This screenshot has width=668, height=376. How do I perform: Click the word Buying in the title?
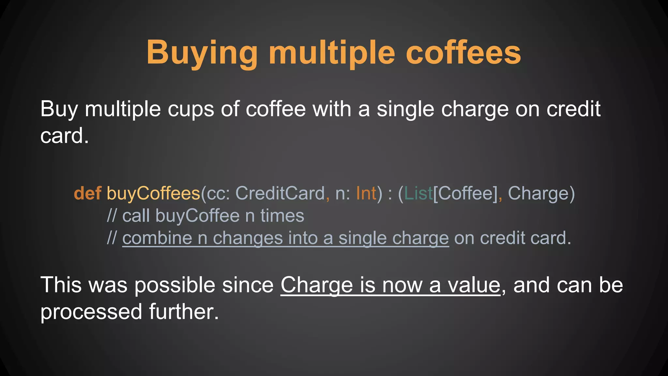(x=202, y=53)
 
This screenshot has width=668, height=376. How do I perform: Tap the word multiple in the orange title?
(x=332, y=53)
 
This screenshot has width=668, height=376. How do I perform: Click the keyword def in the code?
(x=87, y=193)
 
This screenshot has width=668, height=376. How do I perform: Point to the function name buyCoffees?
(x=153, y=193)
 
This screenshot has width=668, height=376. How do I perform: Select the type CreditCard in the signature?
(x=280, y=193)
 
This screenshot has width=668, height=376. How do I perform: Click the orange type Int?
(x=366, y=193)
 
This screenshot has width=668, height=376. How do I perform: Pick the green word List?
(x=418, y=193)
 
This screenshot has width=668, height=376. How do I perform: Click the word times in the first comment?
(x=282, y=216)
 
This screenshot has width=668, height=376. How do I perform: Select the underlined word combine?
(x=157, y=238)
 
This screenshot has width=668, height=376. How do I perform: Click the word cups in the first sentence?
(x=191, y=109)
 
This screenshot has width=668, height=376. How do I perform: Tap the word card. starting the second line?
(x=64, y=136)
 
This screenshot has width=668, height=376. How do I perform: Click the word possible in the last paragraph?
(x=175, y=285)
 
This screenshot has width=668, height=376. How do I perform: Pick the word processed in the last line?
(x=91, y=312)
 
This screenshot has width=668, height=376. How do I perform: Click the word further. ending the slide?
(x=184, y=312)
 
